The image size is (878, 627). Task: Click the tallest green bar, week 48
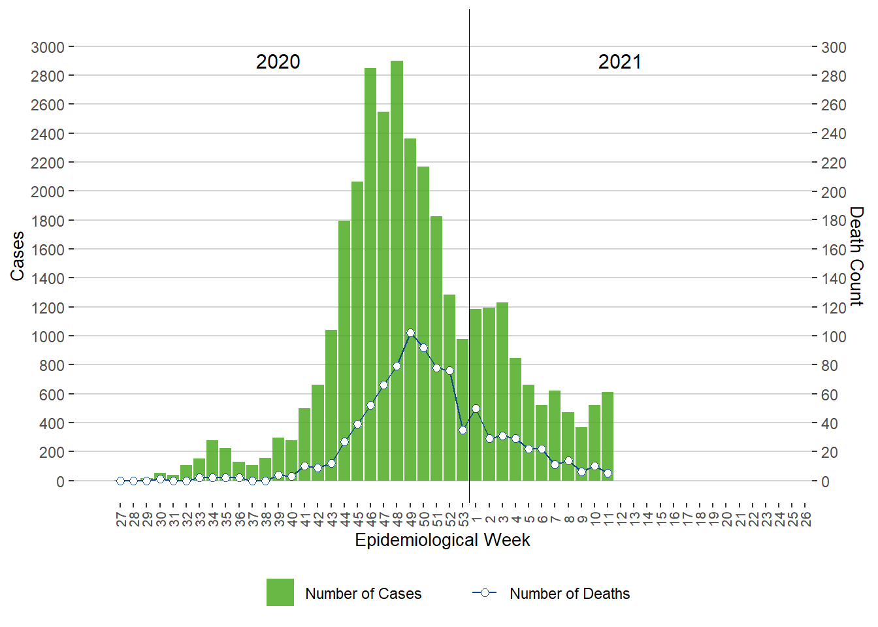tap(397, 271)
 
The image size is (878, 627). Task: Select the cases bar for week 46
tap(370, 274)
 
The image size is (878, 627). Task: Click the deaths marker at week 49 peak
tap(410, 332)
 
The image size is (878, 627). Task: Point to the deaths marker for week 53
tap(463, 430)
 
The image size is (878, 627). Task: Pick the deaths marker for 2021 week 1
tap(476, 408)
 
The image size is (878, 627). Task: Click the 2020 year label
tap(278, 62)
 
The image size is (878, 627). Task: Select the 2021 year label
tap(619, 62)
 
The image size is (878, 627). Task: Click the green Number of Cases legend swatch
tap(280, 592)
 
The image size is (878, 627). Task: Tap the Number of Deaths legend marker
tap(485, 592)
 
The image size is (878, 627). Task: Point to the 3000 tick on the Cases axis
tap(48, 47)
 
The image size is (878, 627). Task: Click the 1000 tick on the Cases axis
tap(48, 336)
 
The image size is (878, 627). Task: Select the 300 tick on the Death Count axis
tap(834, 47)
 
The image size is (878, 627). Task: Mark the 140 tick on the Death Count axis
tap(834, 278)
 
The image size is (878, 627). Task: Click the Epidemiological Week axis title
tap(442, 540)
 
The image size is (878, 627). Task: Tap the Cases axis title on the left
tap(18, 256)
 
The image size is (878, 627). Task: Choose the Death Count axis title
tap(856, 256)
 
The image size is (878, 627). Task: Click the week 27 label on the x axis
tap(121, 519)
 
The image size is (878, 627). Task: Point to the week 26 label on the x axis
tap(805, 519)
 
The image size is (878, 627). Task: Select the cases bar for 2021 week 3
tap(502, 392)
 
